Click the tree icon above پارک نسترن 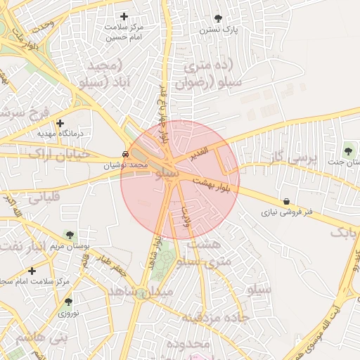point(218,18)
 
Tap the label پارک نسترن point(218,30)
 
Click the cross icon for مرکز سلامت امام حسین point(124,16)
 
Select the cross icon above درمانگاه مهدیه point(60,123)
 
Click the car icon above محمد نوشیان point(124,154)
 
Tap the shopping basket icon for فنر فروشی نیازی point(286,201)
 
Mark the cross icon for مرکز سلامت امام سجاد point(32,271)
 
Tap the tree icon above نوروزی point(68,301)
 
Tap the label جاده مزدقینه point(216,317)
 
